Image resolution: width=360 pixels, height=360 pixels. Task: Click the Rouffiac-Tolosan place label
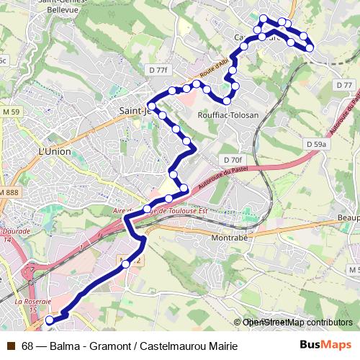228,114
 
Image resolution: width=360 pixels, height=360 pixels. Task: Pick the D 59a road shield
315,145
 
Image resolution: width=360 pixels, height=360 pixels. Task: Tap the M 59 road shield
11,112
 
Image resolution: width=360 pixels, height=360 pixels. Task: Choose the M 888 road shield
9,194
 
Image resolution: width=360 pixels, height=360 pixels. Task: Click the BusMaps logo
325,344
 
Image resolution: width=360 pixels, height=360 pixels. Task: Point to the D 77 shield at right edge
343,85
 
